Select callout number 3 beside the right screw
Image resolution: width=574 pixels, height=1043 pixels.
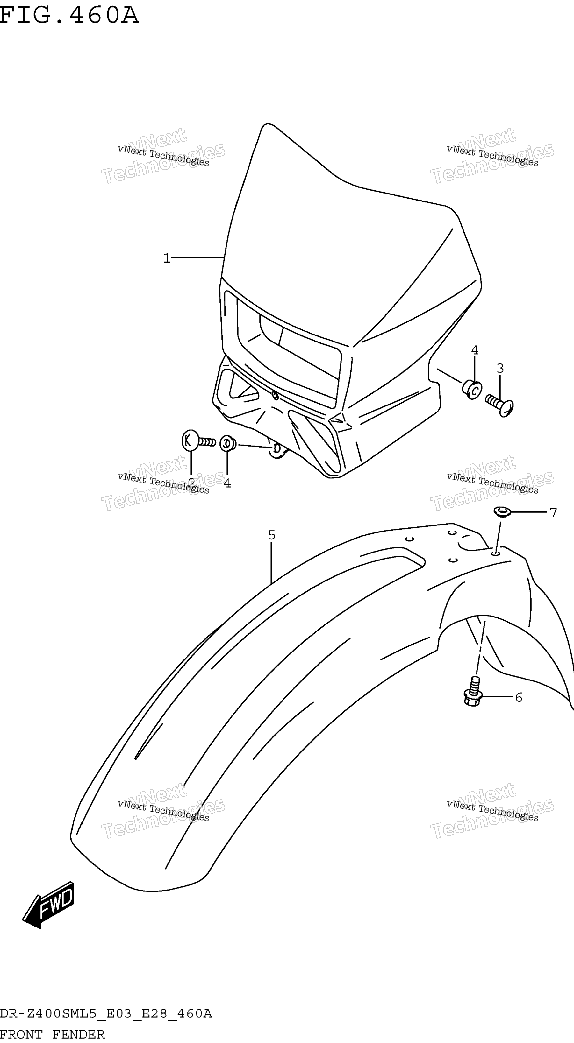pyautogui.click(x=500, y=369)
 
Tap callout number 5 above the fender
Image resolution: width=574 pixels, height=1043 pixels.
pyautogui.click(x=271, y=535)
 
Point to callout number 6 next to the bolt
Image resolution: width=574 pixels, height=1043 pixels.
pyautogui.click(x=519, y=697)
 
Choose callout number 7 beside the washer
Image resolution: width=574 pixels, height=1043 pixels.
pyautogui.click(x=553, y=513)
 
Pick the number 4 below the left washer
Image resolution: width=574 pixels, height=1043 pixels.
pyautogui.click(x=227, y=483)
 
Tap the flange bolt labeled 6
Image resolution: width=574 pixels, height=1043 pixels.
pyautogui.click(x=473, y=692)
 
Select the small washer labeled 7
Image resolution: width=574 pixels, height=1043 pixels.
pyautogui.click(x=502, y=512)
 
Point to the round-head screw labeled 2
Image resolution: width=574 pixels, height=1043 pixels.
pyautogui.click(x=198, y=441)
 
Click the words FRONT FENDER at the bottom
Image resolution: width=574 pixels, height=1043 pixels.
pyautogui.click(x=52, y=1034)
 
